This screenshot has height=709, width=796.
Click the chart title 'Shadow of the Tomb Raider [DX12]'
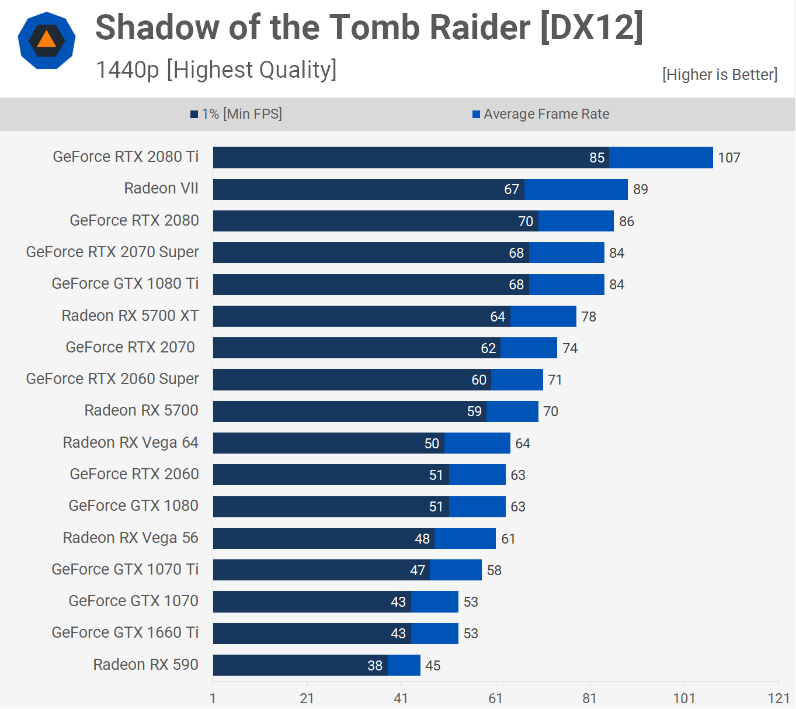[369, 27]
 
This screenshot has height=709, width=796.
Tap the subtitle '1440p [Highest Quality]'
[216, 70]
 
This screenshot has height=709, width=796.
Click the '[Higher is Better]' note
[719, 75]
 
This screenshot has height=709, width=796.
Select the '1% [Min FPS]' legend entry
[237, 114]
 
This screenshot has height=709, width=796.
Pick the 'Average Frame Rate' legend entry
[541, 114]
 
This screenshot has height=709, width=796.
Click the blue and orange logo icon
[47, 40]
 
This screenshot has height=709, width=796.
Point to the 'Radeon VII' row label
[161, 188]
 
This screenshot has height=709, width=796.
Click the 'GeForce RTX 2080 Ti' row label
[126, 157]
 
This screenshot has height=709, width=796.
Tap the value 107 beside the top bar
[729, 158]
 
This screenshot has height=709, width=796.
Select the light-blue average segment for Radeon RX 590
[404, 665]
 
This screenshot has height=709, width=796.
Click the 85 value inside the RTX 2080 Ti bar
[597, 158]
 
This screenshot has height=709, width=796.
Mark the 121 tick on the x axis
[778, 698]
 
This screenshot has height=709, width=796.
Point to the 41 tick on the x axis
[401, 698]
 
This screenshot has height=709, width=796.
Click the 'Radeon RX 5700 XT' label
[130, 316]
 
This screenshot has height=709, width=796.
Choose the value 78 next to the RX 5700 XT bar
[589, 317]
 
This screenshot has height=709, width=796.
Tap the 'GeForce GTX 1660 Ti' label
[125, 632]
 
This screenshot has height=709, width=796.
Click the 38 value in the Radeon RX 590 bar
[375, 666]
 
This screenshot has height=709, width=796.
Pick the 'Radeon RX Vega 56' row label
[131, 538]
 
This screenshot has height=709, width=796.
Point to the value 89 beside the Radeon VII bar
[641, 189]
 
